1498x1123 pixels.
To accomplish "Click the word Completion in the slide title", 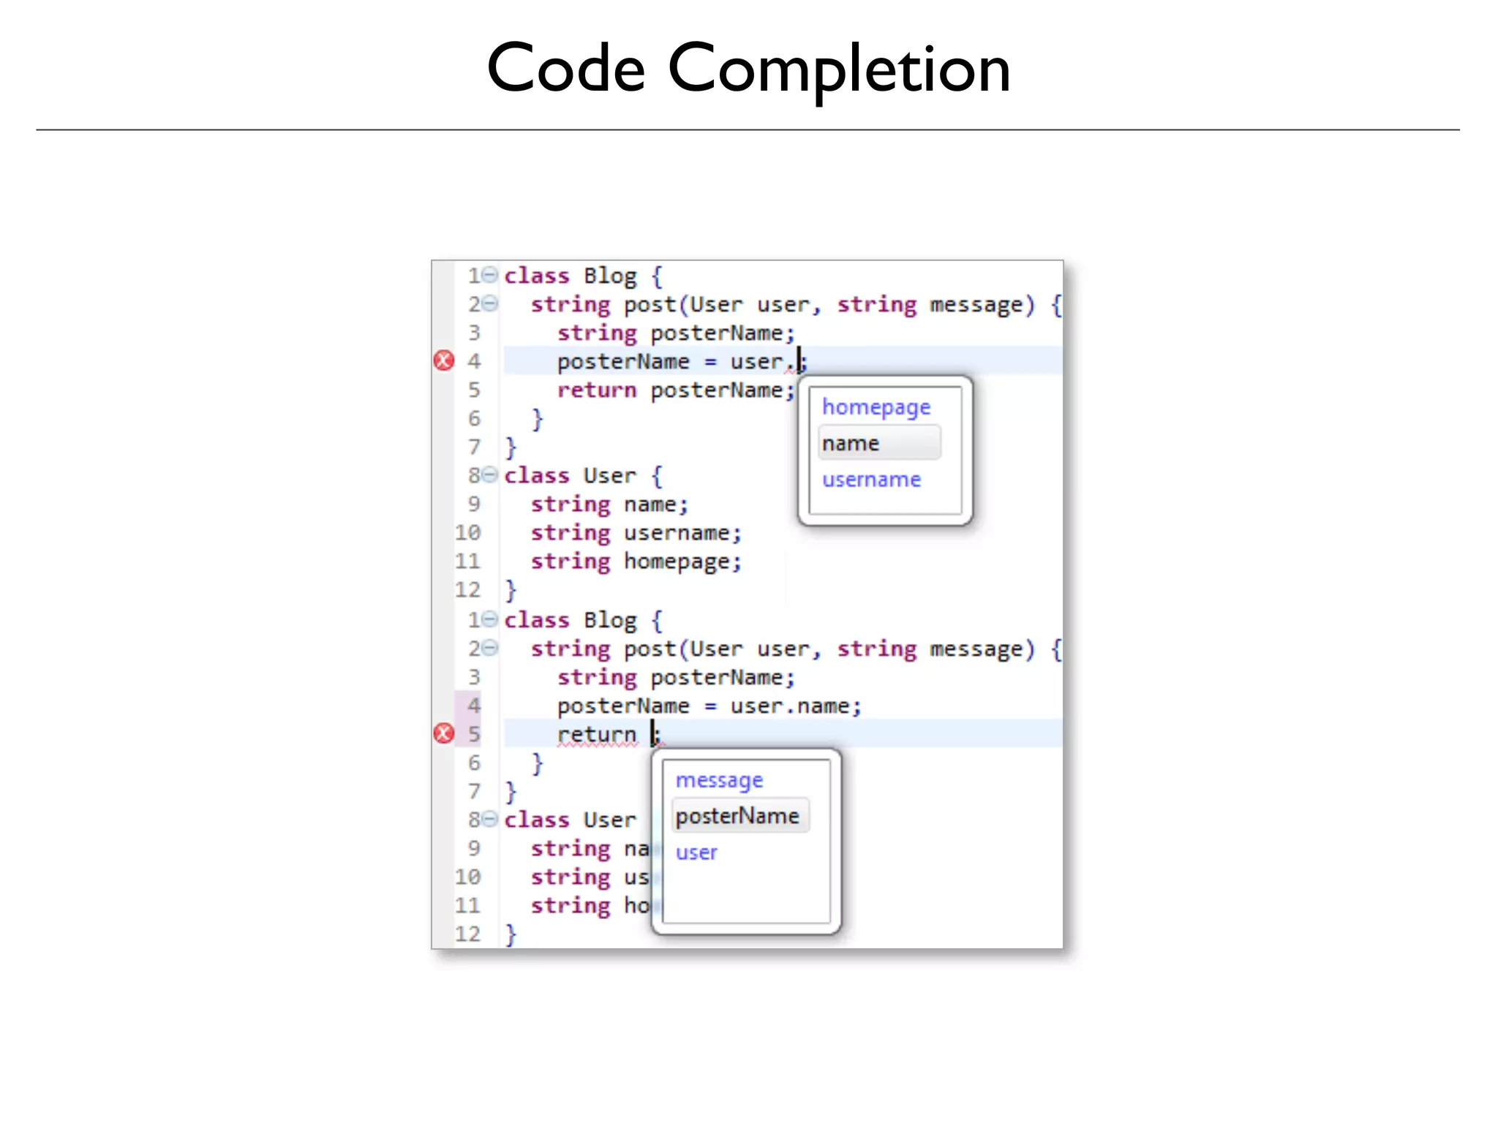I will point(839,69).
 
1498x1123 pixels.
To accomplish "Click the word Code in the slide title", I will point(565,69).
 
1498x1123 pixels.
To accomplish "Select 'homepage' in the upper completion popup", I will point(876,407).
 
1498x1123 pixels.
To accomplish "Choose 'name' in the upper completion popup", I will point(850,443).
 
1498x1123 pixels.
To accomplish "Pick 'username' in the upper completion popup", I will point(871,480).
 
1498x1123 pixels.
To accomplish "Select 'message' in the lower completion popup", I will point(719,780).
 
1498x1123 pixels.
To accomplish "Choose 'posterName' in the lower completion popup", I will point(737,816).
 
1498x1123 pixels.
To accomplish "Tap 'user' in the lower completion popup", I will point(696,852).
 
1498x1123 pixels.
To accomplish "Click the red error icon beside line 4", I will point(444,360).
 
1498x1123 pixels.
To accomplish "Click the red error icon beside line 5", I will point(444,733).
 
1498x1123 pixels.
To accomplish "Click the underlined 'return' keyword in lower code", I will point(597,734).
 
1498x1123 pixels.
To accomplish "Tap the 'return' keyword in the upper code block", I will point(597,390).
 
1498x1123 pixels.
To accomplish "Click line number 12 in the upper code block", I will point(467,590).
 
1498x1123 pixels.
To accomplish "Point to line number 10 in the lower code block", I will point(467,877).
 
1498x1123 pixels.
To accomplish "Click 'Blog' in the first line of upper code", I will point(610,276).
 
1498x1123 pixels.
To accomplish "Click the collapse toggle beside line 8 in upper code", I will point(490,474).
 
